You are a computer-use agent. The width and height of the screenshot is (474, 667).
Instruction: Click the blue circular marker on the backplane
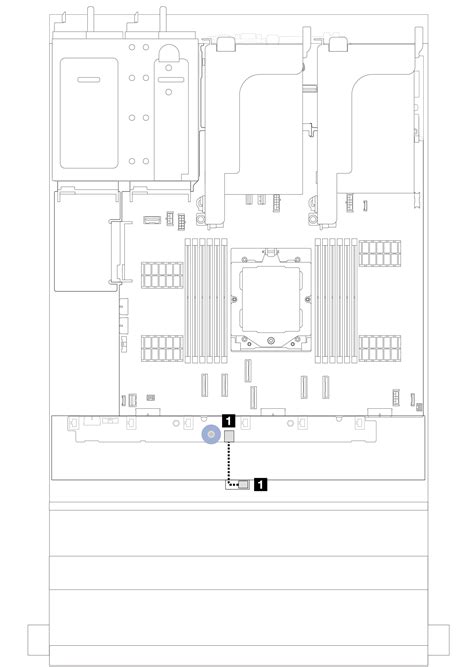click(210, 435)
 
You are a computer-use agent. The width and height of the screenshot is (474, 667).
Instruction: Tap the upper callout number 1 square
click(228, 421)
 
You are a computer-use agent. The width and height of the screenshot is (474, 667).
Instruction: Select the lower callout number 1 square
click(262, 484)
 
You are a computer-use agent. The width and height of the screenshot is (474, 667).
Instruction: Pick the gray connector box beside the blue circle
click(228, 436)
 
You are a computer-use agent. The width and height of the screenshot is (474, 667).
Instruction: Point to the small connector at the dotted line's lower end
click(238, 484)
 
